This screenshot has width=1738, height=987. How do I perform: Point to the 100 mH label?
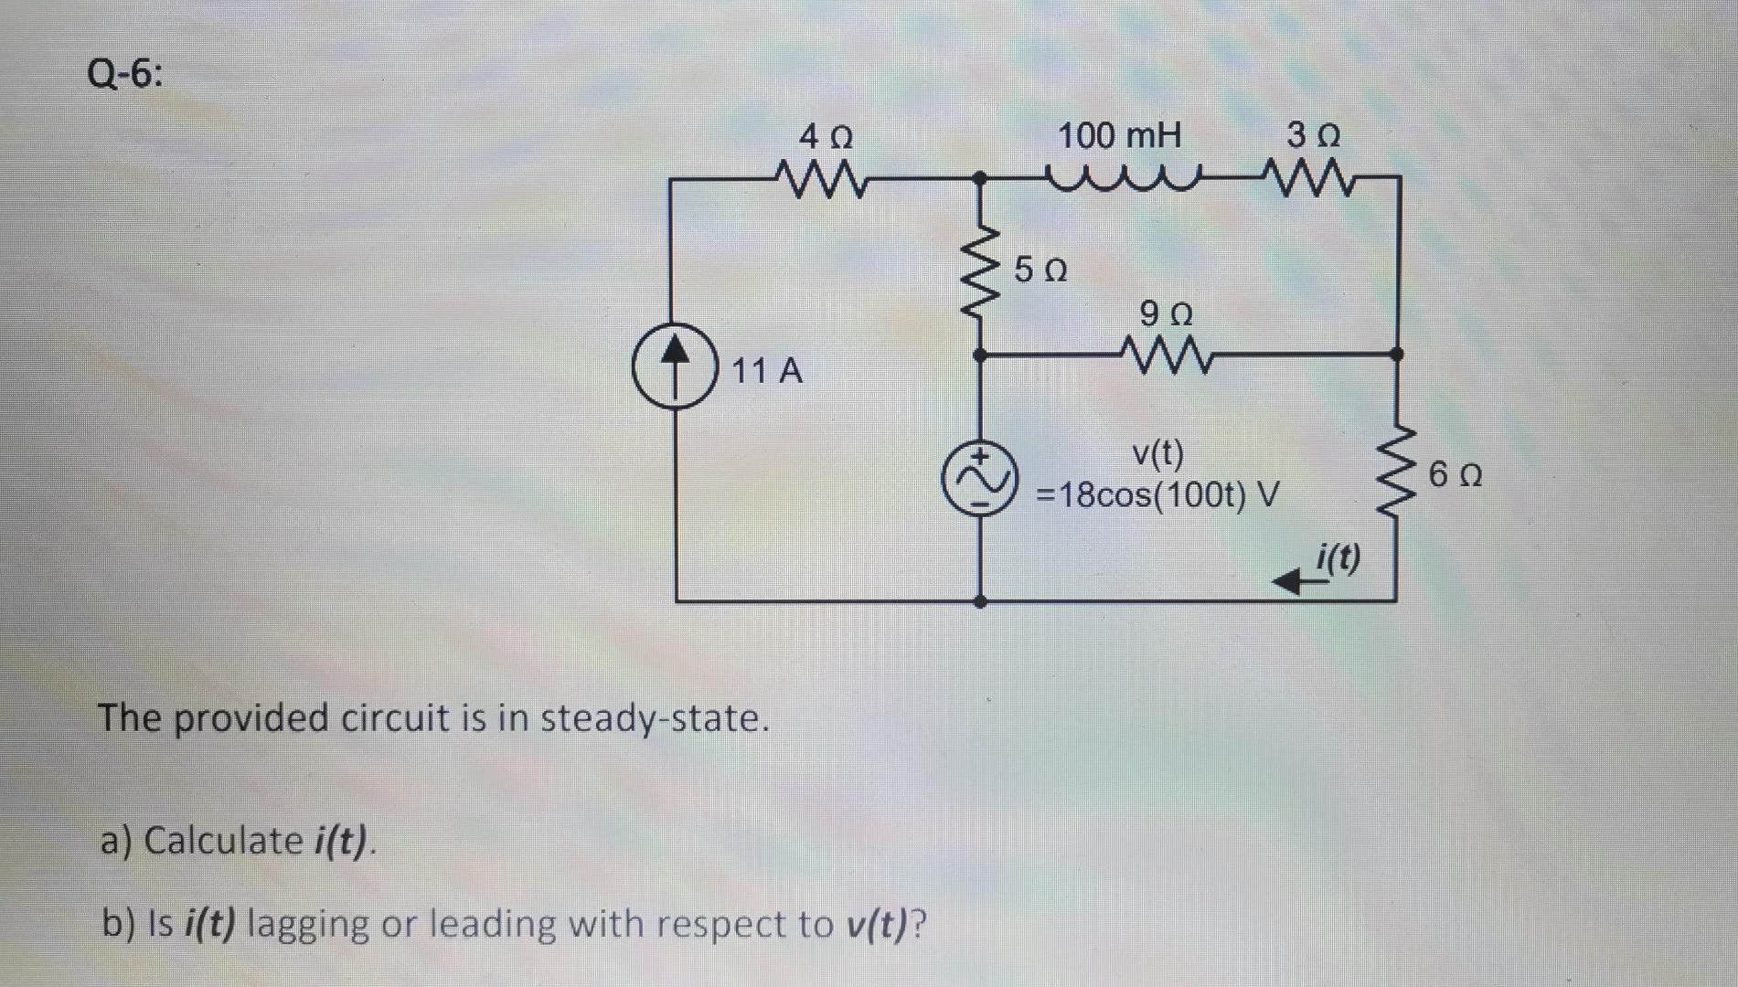pyautogui.click(x=1119, y=137)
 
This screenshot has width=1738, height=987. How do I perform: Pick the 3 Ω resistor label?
pyautogui.click(x=1313, y=137)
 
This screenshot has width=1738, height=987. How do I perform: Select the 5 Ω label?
pyautogui.click(x=1040, y=271)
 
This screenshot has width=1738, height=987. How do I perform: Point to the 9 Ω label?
pyautogui.click(x=1167, y=315)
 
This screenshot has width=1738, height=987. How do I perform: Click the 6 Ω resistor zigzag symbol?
pyautogui.click(x=1396, y=472)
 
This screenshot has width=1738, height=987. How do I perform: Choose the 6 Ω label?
pyautogui.click(x=1456, y=476)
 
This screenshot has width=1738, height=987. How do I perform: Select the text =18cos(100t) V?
pyautogui.click(x=1157, y=496)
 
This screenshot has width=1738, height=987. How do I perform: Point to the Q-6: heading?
pyautogui.click(x=126, y=73)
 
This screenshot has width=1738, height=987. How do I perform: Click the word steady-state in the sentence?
pyautogui.click(x=655, y=718)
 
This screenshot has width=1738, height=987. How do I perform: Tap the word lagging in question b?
pyautogui.click(x=307, y=925)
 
